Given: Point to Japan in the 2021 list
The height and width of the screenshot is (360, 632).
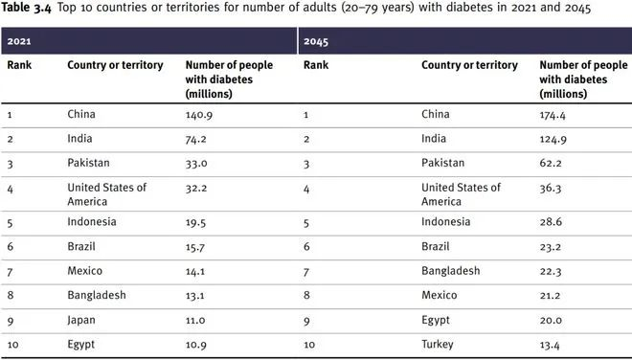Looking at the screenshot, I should pos(82,321).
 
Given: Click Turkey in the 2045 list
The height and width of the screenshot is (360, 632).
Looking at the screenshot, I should pos(439,345).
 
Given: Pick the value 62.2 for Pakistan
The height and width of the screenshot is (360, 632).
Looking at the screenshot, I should pos(552,164).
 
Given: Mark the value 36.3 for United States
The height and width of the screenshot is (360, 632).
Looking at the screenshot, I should pos(552,188).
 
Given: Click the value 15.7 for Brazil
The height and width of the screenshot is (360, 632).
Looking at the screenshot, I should pos(197,246).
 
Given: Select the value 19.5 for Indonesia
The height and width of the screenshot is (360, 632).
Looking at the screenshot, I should pos(197,221).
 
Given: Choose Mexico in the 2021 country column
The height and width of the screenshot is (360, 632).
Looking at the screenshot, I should pos(85,271).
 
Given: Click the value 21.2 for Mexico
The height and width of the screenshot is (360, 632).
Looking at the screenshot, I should pos(552,296).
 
